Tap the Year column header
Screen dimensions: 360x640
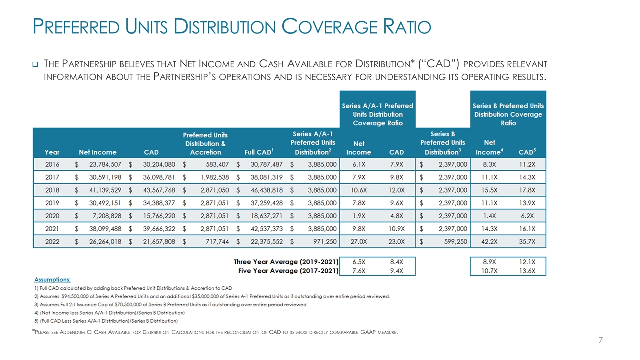pyautogui.click(x=52, y=152)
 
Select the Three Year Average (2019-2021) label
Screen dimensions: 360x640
pyautogui.click(x=286, y=262)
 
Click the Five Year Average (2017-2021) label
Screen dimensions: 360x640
pyautogui.click(x=288, y=271)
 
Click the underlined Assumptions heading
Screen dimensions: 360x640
pyautogui.click(x=52, y=279)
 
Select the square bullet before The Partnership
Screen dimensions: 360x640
pyautogui.click(x=36, y=64)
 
